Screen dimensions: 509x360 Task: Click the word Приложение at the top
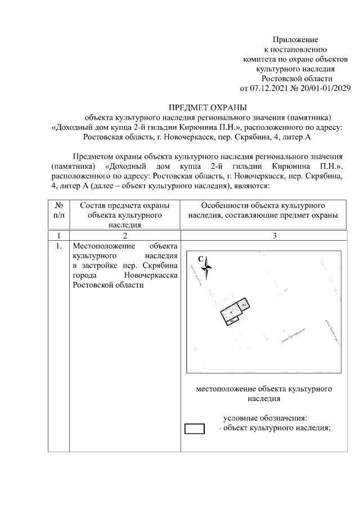pos(295,40)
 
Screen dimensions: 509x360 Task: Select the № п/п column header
pos(58,210)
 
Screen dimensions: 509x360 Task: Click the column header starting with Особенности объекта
pos(263,210)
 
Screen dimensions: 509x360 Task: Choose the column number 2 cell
pos(124,236)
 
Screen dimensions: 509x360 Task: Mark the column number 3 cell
pos(274,236)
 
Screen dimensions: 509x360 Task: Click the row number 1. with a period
pos(58,246)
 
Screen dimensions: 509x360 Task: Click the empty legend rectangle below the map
pos(195,429)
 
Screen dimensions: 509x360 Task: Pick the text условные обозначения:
pos(265,418)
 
